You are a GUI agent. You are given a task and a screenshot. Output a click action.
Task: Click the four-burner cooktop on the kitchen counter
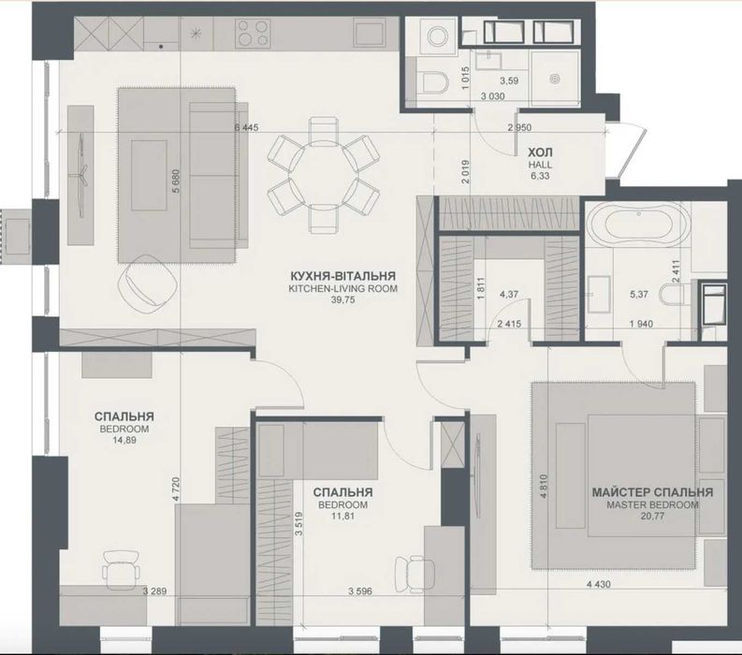click(x=254, y=33)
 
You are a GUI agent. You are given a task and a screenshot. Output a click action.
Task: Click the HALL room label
click(x=540, y=165)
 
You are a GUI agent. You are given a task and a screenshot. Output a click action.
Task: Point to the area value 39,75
click(x=342, y=299)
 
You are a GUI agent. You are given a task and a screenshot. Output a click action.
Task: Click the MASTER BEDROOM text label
click(x=652, y=504)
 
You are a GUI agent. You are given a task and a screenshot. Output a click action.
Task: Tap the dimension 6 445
click(x=246, y=127)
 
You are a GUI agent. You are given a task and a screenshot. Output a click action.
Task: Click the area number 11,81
click(x=342, y=517)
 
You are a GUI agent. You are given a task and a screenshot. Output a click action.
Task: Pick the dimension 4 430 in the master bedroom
click(x=598, y=585)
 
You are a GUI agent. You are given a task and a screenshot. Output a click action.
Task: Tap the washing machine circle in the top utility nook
click(x=437, y=35)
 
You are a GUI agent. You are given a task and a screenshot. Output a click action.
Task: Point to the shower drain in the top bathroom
click(x=554, y=79)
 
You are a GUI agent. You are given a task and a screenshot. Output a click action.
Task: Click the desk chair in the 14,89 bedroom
click(x=122, y=569)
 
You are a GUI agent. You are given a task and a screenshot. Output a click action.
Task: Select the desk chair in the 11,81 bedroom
click(x=415, y=573)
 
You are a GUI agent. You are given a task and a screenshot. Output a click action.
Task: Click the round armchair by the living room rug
click(x=147, y=283)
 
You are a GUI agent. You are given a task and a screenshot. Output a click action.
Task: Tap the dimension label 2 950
click(x=519, y=127)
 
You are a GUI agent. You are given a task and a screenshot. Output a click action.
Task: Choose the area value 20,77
click(x=652, y=517)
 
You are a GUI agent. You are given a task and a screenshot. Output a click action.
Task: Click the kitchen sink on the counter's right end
click(x=371, y=33)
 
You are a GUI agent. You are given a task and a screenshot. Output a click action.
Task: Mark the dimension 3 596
click(x=360, y=591)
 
